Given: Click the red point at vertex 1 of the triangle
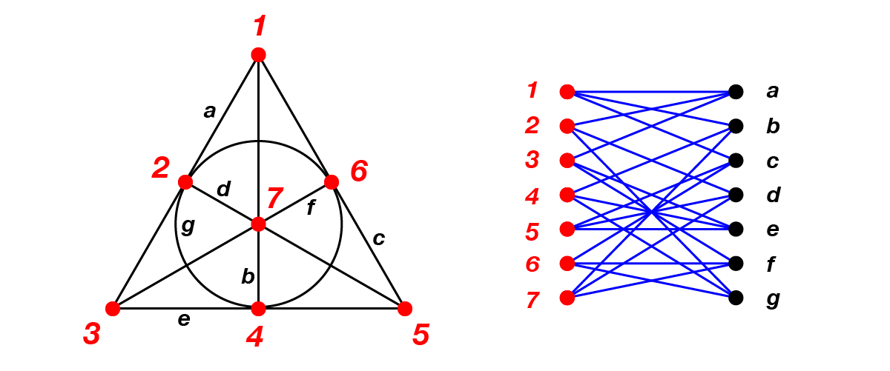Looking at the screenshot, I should (x=258, y=54).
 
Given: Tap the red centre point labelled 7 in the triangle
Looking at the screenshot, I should (x=258, y=224).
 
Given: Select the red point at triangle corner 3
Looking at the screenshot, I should (x=113, y=309).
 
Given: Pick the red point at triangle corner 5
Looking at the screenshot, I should (x=404, y=309).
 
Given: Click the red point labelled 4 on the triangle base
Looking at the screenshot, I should (x=258, y=309).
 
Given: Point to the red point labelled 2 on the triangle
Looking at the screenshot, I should (x=185, y=182).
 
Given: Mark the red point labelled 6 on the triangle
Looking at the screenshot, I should (x=332, y=182).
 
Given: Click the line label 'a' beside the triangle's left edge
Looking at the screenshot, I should (x=210, y=112).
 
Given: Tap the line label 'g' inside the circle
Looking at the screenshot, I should (x=188, y=226).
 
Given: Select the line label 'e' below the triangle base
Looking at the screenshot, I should (x=184, y=319).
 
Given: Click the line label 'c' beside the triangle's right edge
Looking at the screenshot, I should (x=379, y=238).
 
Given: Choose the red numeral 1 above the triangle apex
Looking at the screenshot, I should (x=259, y=27).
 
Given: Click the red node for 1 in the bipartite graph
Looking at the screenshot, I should (x=567, y=92).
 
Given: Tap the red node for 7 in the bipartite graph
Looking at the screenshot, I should (x=567, y=298).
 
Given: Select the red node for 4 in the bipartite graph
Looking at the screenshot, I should (x=567, y=195).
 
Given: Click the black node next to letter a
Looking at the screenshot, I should (x=736, y=92).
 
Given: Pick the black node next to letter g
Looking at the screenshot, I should (x=736, y=298).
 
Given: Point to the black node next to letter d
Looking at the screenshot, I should (x=736, y=195).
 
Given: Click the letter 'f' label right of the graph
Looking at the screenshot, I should (x=772, y=264).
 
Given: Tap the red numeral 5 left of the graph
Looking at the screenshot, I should (x=533, y=231).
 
